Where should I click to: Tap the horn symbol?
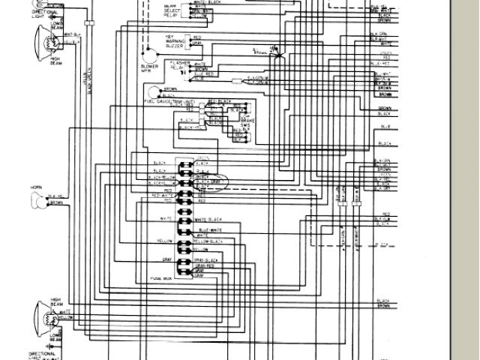pos(37,199)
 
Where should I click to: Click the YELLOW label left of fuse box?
pos(165,241)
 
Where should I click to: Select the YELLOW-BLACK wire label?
pos(209,241)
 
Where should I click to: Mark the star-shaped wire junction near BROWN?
pos(274,49)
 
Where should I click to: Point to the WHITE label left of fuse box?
pos(166,218)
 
